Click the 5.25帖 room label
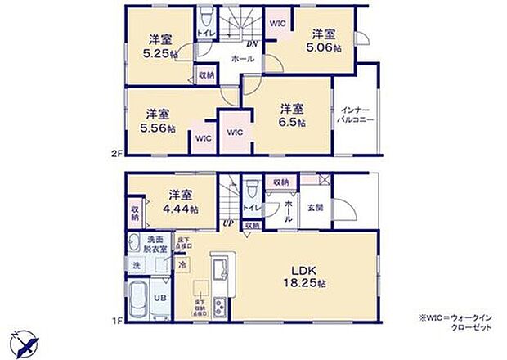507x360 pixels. click(160, 48)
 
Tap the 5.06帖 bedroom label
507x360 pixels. click(325, 42)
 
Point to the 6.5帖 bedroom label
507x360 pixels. click(292, 115)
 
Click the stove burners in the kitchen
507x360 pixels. click(219, 308)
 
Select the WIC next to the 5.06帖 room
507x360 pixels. click(277, 23)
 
